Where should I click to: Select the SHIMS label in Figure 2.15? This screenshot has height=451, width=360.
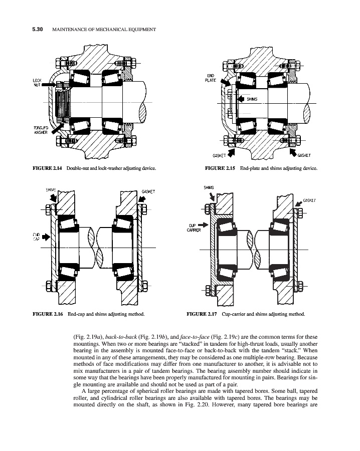[x=252, y=99]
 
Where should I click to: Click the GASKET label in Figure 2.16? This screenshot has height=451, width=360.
[x=148, y=191]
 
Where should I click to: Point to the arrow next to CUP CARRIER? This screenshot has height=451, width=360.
[x=203, y=224]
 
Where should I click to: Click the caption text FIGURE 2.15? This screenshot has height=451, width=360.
[x=221, y=168]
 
